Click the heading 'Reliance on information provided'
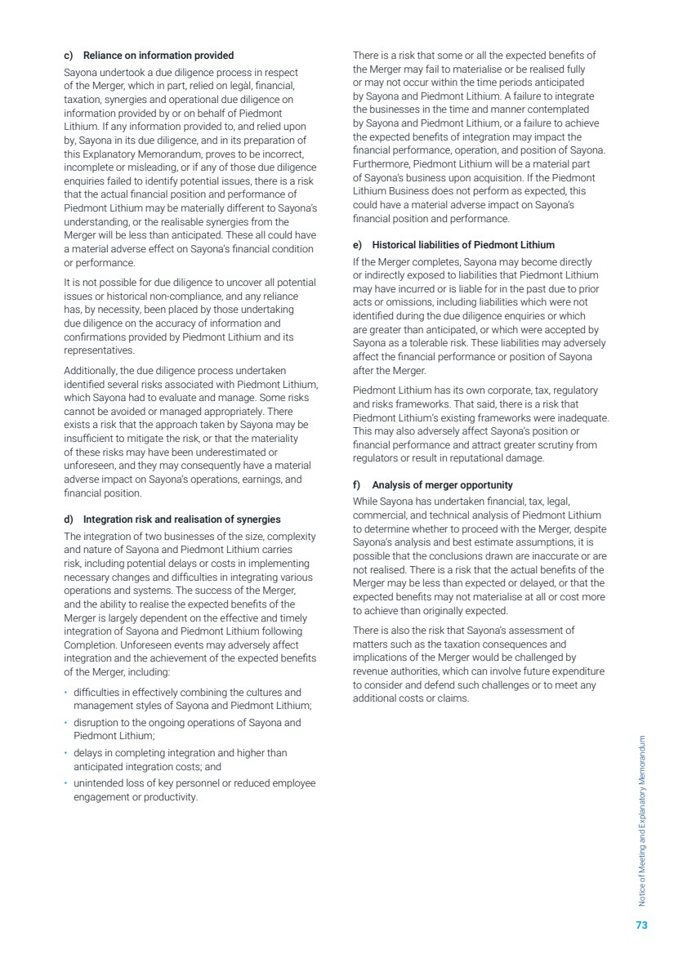coord(153,56)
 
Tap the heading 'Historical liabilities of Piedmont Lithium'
coord(463,244)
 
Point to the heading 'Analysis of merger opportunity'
coord(443,484)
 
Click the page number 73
coord(641,925)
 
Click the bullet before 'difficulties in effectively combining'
coord(65,692)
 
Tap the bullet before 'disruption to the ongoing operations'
coord(65,723)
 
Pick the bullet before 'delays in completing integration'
coord(65,753)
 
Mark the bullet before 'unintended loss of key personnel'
coord(65,784)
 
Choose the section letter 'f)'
coord(357,484)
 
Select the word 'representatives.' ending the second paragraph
coord(99,351)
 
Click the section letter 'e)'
coord(358,244)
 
